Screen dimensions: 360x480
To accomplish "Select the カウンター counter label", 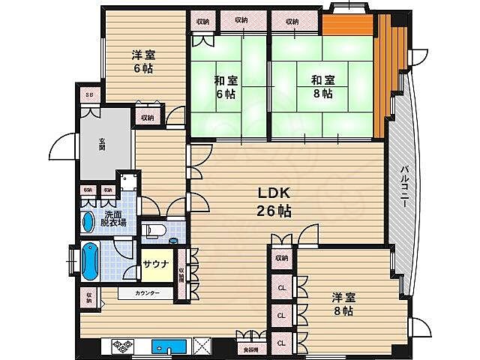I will [147, 293].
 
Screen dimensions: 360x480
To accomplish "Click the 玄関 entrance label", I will [101, 142].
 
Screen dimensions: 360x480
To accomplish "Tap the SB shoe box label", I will [89, 95].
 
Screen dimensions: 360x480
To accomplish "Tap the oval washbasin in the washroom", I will [88, 220].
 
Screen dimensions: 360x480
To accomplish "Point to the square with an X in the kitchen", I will [202, 346].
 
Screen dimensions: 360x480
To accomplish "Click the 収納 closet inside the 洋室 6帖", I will [146, 117].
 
